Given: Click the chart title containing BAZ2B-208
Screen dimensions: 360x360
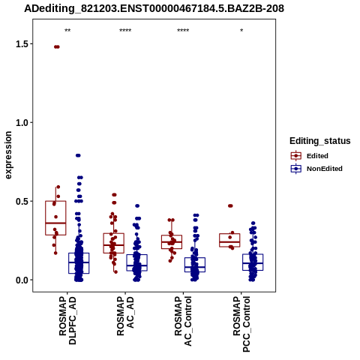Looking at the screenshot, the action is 154,8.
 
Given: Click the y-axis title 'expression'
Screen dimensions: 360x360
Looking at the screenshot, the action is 8,155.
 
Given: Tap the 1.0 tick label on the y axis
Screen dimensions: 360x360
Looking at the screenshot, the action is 21,123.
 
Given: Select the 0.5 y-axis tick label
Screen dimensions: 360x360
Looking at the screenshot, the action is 21,202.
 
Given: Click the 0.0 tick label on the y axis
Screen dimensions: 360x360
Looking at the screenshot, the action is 21,280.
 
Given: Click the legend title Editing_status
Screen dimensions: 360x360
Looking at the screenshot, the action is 320,141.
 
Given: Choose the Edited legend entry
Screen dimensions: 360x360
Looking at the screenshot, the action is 310,156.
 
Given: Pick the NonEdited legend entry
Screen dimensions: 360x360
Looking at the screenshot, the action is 316,169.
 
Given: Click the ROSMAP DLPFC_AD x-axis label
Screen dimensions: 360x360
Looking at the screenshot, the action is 67,321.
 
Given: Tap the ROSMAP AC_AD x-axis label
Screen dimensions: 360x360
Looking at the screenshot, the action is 125,316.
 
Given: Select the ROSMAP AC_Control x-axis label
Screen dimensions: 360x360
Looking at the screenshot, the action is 183,321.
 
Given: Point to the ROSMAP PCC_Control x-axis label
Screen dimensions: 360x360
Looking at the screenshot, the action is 241,324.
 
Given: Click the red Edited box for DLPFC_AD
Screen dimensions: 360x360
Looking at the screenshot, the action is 55,218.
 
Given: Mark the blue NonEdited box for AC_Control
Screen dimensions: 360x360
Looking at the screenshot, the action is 195,265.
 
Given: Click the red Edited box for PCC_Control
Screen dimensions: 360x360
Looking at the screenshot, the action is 229,240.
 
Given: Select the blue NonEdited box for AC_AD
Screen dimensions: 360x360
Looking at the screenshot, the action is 136,262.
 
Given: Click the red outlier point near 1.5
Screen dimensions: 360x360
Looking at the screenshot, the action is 57,46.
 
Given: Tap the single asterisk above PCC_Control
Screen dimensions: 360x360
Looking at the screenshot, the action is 241,31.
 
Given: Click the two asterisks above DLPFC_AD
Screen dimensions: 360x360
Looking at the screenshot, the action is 67,31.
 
